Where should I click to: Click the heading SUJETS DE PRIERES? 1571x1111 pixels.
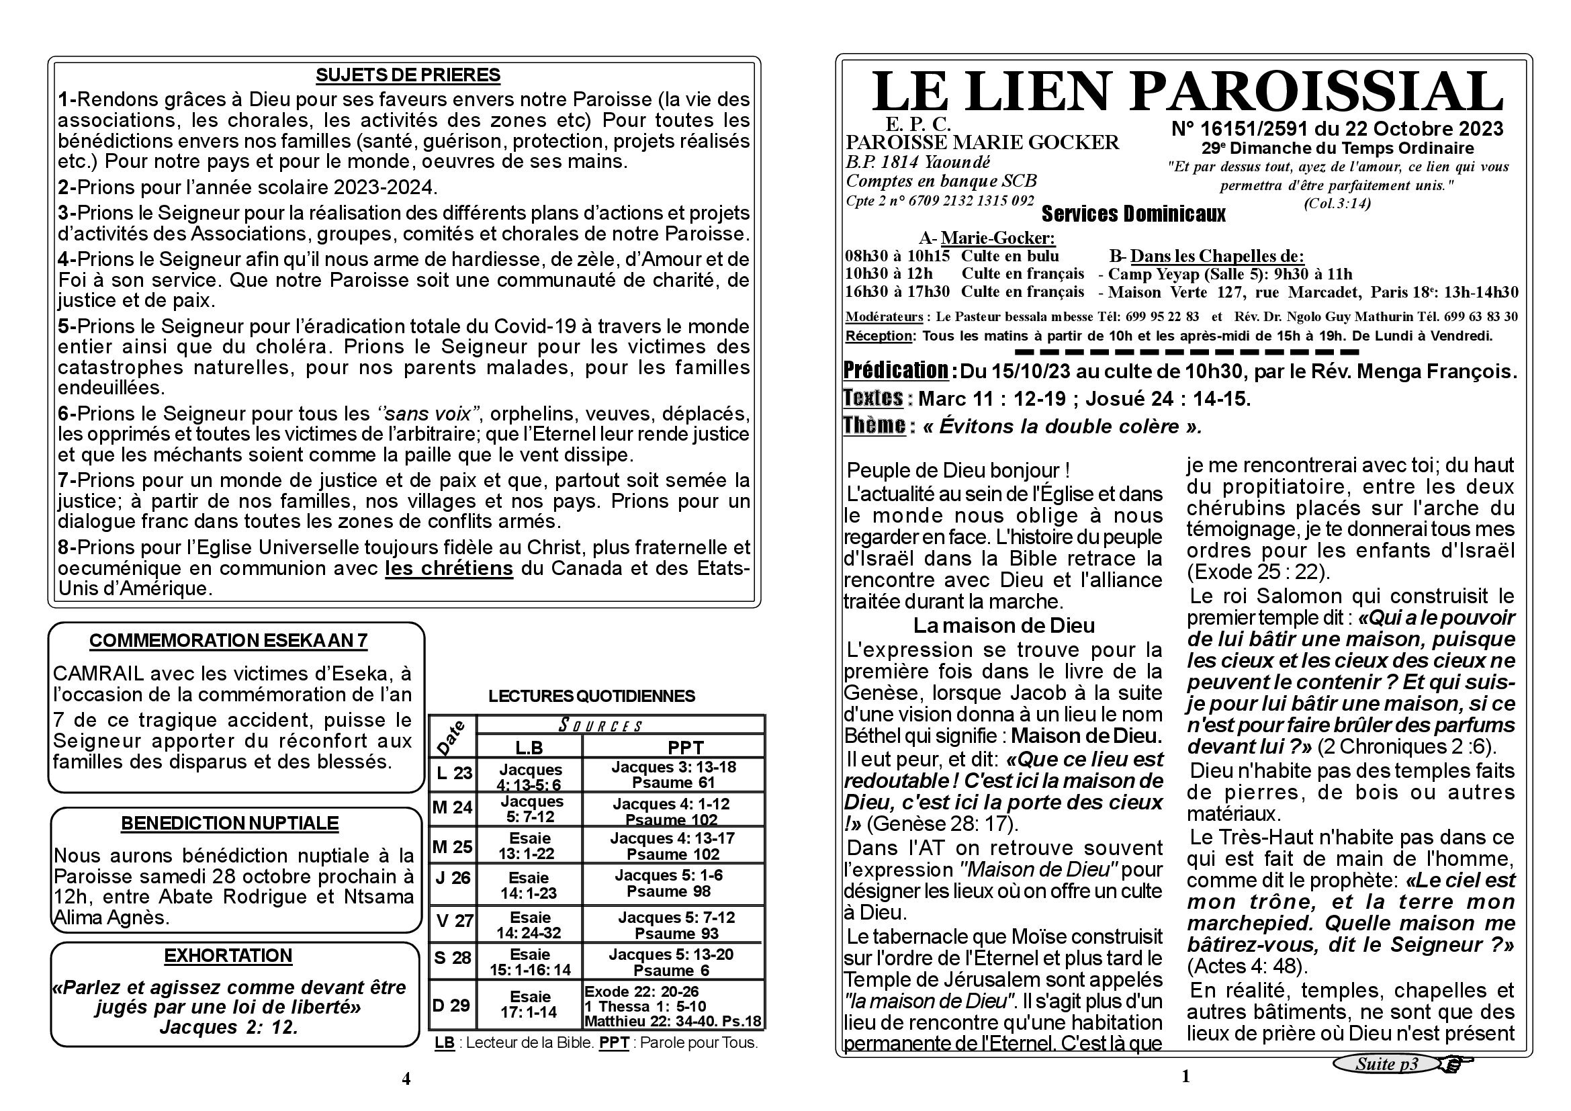pos(408,75)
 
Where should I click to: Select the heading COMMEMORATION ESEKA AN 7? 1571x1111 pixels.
pos(228,641)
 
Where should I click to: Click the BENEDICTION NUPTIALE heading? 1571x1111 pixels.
pos(230,823)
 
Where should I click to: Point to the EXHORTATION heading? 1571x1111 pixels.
pos(228,956)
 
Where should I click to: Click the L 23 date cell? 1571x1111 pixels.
pos(453,773)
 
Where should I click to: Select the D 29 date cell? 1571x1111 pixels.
pos(452,1005)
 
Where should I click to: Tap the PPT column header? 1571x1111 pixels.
pos(685,747)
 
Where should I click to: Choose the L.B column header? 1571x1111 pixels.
pos(529,747)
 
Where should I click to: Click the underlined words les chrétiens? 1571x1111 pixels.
pos(449,568)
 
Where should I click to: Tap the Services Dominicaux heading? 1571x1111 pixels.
pos(1133,215)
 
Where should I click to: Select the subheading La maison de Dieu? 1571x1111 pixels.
pos(1003,625)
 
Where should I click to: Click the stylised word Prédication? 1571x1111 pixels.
pos(896,370)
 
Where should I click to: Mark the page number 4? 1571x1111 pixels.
pos(406,1079)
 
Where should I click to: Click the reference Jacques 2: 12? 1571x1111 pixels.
pos(228,1028)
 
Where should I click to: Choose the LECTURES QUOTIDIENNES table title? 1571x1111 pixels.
pos(591,697)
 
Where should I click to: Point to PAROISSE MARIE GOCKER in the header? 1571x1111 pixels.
pos(983,142)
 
